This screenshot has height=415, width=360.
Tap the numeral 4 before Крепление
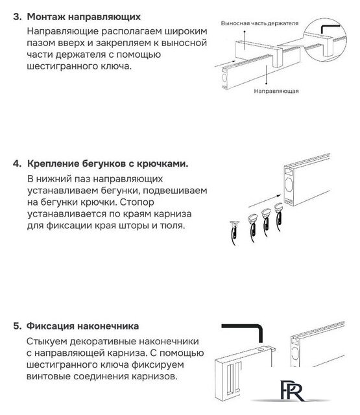point(16,163)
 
